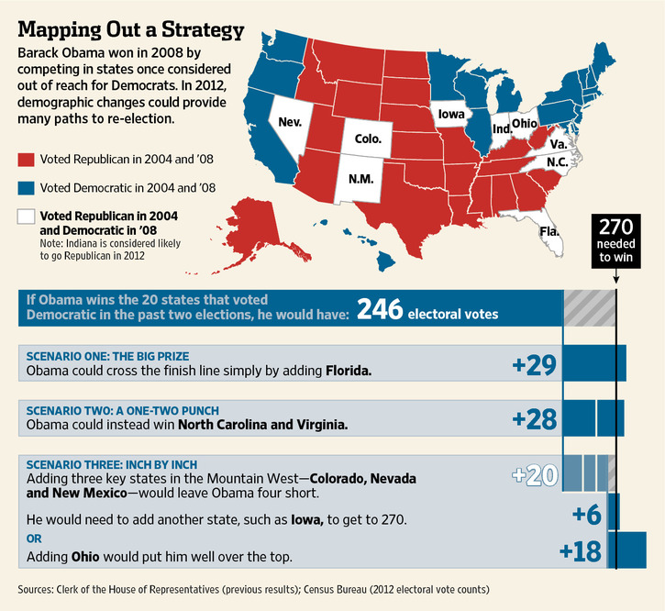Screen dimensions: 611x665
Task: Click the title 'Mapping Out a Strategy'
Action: (131, 29)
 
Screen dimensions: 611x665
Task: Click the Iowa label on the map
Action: (450, 115)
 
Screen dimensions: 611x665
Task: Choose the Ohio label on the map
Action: (525, 123)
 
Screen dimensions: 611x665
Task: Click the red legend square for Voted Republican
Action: (27, 159)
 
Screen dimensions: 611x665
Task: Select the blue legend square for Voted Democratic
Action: (27, 188)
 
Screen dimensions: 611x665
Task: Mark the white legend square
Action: (27, 217)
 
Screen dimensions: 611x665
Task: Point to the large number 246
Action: (380, 312)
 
